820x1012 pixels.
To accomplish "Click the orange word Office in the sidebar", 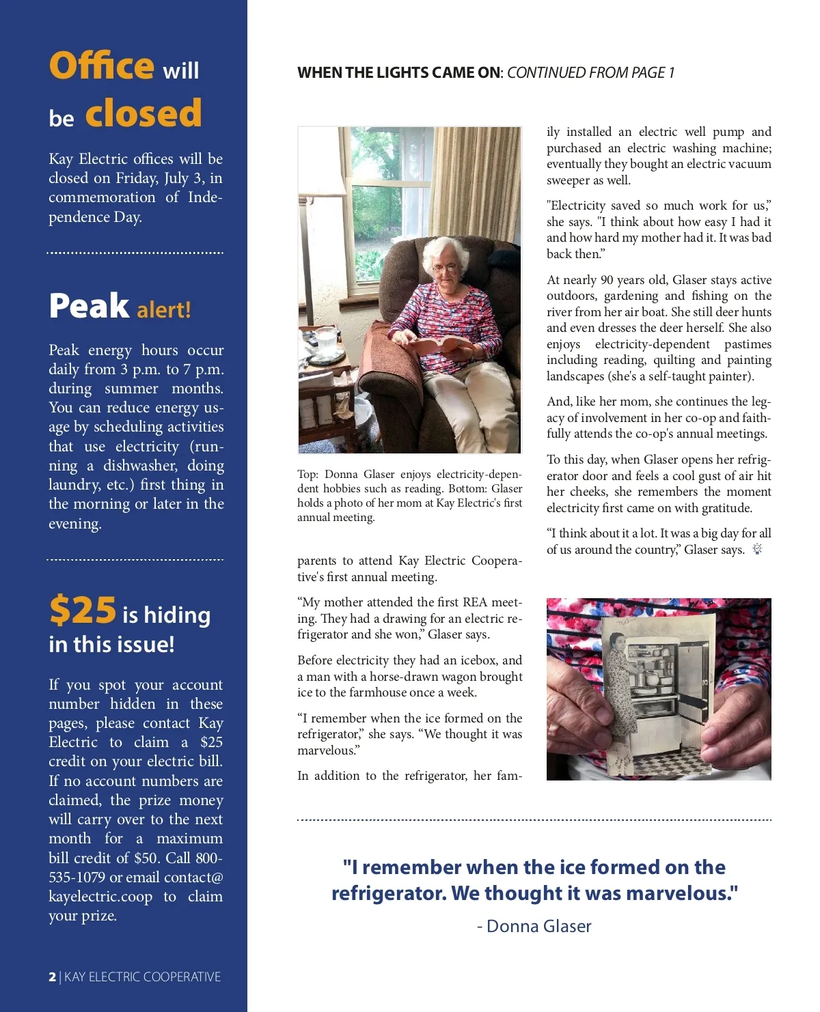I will point(101,66).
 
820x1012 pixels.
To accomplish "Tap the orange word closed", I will point(143,113).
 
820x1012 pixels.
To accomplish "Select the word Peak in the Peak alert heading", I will point(89,306).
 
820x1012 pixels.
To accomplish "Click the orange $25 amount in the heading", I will point(83,610).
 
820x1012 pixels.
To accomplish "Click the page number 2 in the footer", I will point(53,977).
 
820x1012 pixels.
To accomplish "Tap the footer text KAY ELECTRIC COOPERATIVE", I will point(142,977).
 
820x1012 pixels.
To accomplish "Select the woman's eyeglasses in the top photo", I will point(445,268).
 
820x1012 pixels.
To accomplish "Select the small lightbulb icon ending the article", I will point(757,549).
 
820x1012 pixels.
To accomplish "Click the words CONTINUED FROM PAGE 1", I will point(590,73).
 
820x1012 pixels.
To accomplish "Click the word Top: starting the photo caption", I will point(307,475).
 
